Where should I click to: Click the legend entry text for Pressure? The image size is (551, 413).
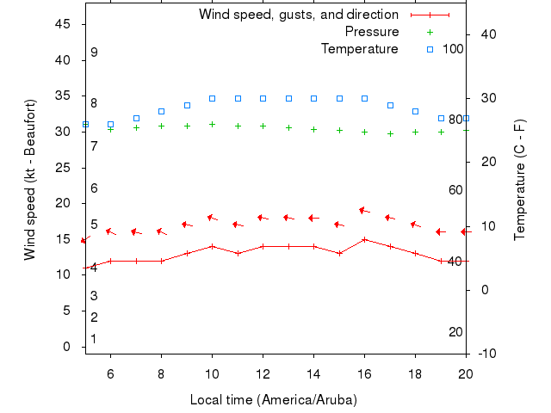click(372, 32)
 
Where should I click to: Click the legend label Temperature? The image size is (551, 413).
click(360, 49)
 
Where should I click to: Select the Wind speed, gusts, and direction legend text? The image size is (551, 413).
click(298, 15)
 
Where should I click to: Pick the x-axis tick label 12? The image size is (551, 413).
click(263, 373)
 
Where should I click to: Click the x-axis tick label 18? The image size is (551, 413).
click(415, 373)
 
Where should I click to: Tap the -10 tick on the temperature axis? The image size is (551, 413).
click(486, 354)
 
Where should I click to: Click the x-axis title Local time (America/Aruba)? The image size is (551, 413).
click(273, 400)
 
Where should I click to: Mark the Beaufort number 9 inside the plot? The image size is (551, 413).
click(94, 52)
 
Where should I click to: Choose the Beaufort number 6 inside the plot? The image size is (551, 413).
click(94, 188)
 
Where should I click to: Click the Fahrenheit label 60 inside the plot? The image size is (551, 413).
click(456, 190)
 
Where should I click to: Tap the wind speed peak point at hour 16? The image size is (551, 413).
click(365, 239)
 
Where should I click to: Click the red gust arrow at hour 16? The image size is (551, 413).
click(363, 210)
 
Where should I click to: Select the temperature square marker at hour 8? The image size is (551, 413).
click(161, 111)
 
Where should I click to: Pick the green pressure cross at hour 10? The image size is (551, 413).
click(212, 124)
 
